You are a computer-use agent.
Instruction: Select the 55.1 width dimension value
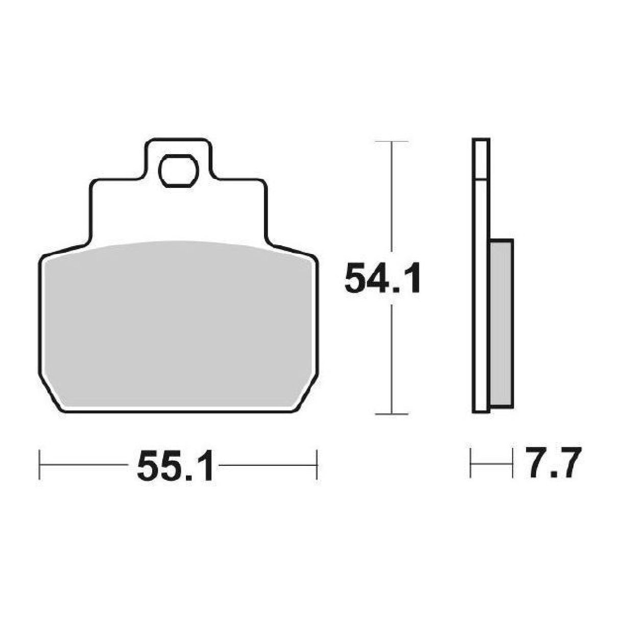pyautogui.click(x=175, y=465)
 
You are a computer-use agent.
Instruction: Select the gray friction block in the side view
pyautogui.click(x=501, y=324)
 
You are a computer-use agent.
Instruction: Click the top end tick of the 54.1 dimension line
pyautogui.click(x=391, y=141)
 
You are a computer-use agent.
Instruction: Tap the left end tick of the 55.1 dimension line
pyautogui.click(x=39, y=464)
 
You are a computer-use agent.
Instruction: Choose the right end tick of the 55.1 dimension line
pyautogui.click(x=317, y=464)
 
